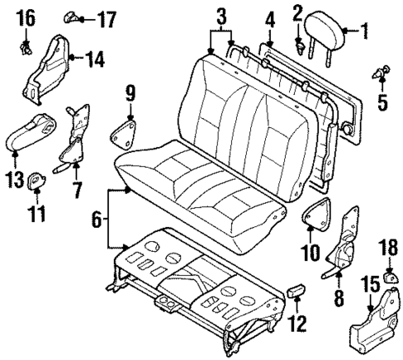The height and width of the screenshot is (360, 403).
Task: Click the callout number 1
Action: tap(363, 32)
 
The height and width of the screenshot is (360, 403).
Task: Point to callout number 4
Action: tap(270, 17)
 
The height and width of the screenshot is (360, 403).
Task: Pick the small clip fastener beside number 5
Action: tap(384, 74)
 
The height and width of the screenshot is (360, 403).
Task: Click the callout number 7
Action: tap(76, 190)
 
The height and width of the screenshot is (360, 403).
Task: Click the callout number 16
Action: tap(26, 16)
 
